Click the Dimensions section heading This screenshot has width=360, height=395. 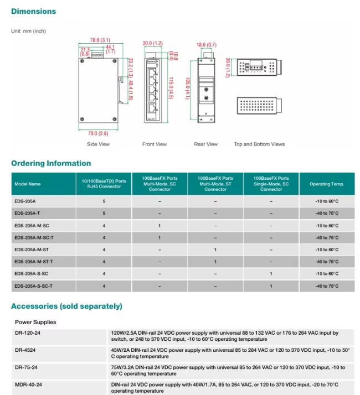point(33,11)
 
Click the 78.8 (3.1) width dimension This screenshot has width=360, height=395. point(100,40)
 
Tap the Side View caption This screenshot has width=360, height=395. point(98,144)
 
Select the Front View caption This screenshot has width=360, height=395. point(154,144)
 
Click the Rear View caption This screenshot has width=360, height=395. point(205,144)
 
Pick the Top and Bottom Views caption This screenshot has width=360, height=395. point(259,144)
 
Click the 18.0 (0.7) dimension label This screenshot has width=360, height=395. point(206,44)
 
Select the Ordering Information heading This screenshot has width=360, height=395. point(51,163)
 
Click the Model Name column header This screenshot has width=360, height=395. point(28,184)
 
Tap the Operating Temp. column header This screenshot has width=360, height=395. point(327,184)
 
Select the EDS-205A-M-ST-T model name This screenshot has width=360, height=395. point(34,262)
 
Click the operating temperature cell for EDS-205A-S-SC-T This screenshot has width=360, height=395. point(327,286)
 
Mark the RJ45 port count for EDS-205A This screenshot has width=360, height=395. point(104,201)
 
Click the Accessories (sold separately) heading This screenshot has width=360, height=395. point(66,306)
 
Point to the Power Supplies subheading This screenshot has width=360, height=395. point(35,322)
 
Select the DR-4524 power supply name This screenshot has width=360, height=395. point(25,350)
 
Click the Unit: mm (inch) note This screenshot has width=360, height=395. point(29,31)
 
